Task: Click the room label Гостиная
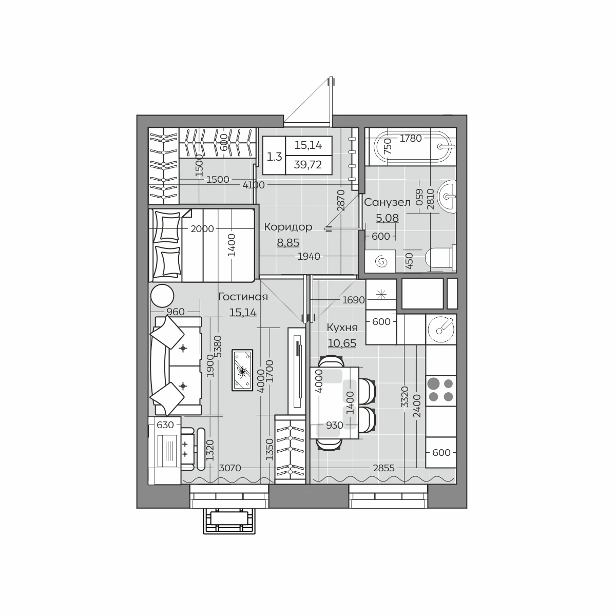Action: tap(243, 297)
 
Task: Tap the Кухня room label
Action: tap(342, 328)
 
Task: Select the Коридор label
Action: tap(288, 227)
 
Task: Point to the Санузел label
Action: tap(387, 202)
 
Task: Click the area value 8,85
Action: tap(288, 243)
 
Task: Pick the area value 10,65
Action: tap(342, 343)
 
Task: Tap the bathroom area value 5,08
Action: tap(387, 218)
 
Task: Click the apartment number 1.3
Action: tap(274, 157)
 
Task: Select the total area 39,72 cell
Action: tap(307, 165)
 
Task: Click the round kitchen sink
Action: tap(440, 329)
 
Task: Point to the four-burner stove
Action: tap(440, 391)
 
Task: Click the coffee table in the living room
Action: tap(242, 370)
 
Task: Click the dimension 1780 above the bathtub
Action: tap(411, 139)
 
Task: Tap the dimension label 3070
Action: tap(230, 468)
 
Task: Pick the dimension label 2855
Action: tap(383, 468)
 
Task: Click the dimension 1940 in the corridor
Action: tap(309, 256)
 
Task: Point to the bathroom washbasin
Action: tap(447, 196)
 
